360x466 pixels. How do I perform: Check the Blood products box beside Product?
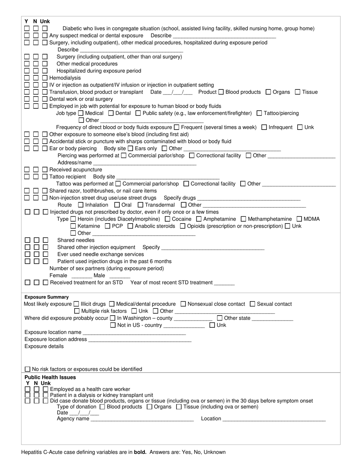tap(221, 92)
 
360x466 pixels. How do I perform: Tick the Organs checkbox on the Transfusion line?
tap(268, 92)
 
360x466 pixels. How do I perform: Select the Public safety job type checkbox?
tap(138, 113)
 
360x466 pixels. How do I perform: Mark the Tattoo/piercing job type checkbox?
tap(259, 113)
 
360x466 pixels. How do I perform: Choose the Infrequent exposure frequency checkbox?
tap(264, 127)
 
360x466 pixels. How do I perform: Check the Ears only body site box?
tap(130, 149)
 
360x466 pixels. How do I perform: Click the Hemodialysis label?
tap(65, 78)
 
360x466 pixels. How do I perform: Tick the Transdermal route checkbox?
tap(141, 205)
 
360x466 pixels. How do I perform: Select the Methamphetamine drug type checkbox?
tap(243, 219)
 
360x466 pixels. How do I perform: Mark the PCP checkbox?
tap(108, 226)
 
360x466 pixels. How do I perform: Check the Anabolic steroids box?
tap(130, 226)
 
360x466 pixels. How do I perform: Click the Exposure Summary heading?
tap(47, 297)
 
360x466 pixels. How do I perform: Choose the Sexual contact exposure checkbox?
tap(253, 304)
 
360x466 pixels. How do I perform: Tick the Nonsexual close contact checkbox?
tap(183, 304)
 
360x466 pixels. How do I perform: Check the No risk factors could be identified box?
tap(27, 369)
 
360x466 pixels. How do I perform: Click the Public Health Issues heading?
tap(50, 377)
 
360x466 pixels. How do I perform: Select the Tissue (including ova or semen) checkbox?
tap(179, 407)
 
